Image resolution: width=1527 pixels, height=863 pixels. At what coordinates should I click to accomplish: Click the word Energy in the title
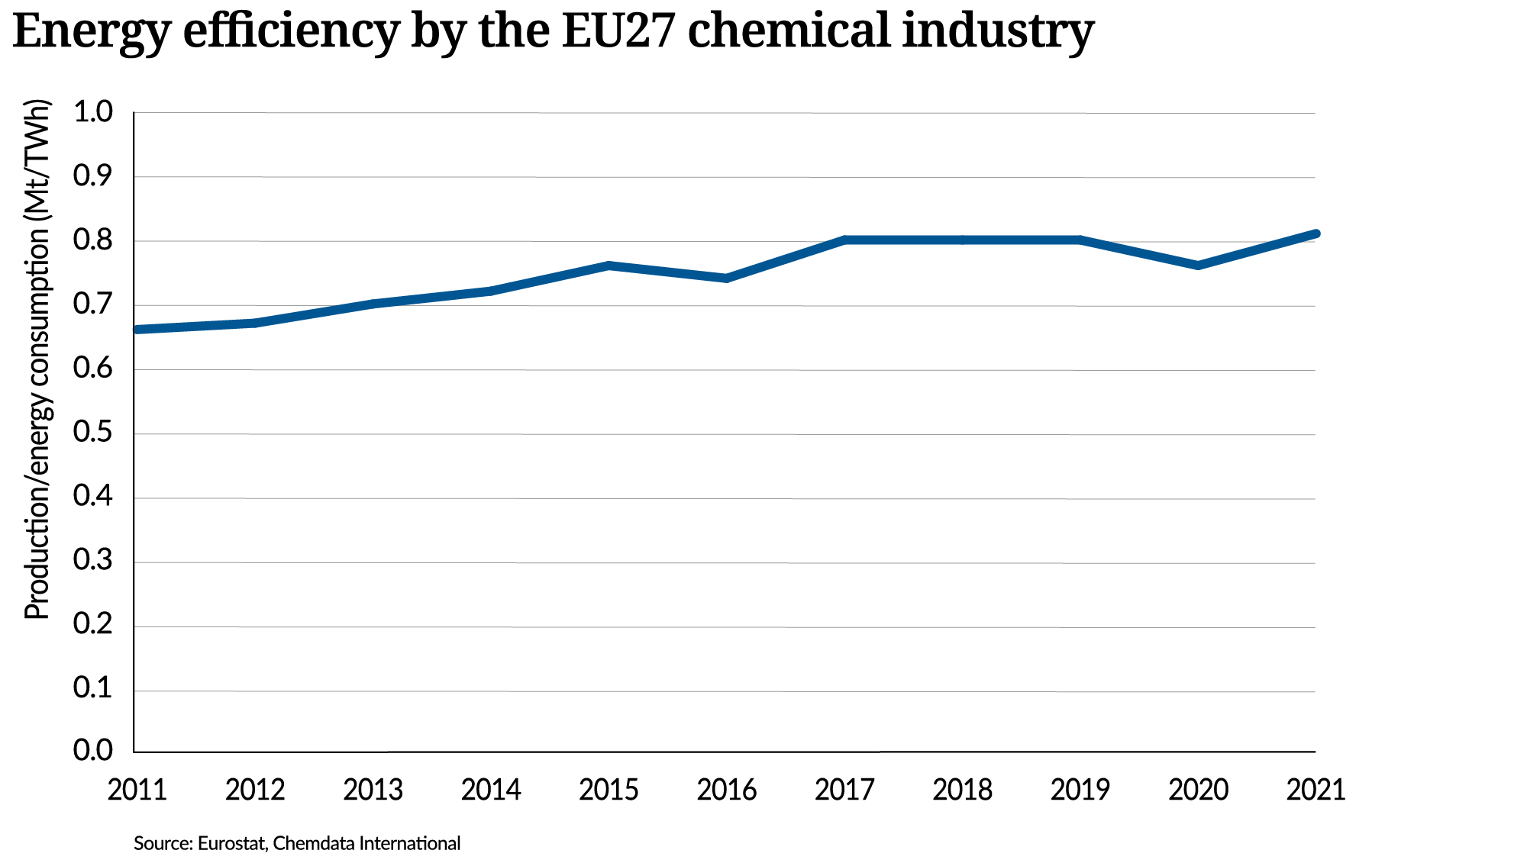pos(91,32)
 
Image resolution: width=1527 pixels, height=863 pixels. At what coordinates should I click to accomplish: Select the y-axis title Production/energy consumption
pos(36,359)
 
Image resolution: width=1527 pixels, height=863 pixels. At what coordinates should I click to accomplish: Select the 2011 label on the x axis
pos(137,790)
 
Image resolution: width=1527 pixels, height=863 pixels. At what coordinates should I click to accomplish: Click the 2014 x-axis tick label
pos(490,790)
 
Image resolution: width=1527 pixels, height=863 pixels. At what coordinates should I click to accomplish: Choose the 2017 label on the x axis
pos(844,790)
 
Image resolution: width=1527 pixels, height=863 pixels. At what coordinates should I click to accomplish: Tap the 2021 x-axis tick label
pos(1315,790)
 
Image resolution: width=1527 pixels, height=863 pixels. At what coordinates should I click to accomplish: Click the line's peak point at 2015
pos(609,266)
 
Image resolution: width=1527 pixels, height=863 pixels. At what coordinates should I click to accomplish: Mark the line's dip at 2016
pos(726,279)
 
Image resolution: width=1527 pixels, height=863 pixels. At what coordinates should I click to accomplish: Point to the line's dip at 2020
pos(1197,266)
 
